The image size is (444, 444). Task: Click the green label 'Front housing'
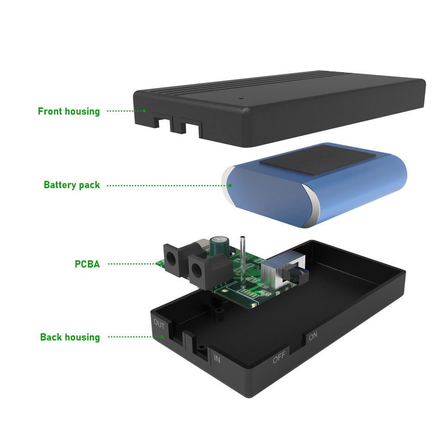tap(68, 111)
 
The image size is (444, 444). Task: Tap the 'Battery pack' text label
tap(72, 185)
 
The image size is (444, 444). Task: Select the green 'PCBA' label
tap(87, 264)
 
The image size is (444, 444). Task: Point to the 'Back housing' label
tap(70, 337)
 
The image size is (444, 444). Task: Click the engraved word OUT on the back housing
tap(159, 325)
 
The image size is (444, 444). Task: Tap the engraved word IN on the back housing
tap(217, 358)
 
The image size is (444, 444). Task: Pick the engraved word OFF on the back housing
tap(279, 358)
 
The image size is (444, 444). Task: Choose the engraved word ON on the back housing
tap(313, 336)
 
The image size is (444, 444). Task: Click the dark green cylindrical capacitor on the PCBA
tap(219, 247)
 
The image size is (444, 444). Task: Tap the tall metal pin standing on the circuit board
tap(242, 259)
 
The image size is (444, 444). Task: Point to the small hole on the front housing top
tap(240, 98)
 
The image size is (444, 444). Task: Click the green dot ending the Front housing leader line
tap(144, 111)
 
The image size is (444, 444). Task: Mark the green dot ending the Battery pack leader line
tap(230, 185)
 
